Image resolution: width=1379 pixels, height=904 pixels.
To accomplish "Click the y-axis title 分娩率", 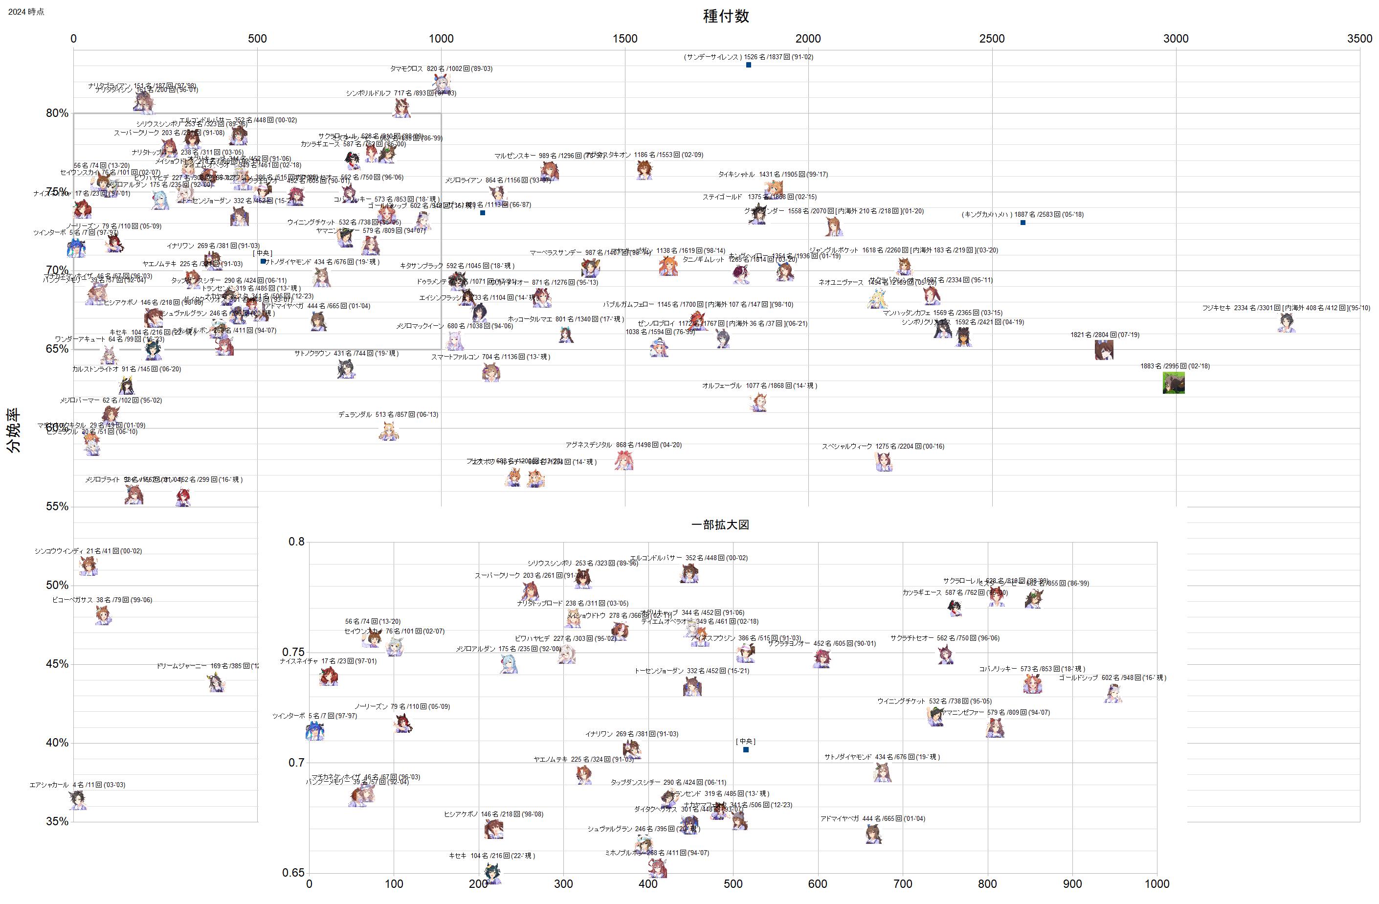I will pos(13,430).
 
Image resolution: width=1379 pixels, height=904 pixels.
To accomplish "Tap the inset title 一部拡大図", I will pos(720,524).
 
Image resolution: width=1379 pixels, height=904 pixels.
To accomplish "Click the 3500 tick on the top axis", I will pos(1359,39).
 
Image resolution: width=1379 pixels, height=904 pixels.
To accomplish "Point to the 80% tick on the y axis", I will pos(57,113).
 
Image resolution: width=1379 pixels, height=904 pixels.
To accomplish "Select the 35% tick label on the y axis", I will pos(57,821).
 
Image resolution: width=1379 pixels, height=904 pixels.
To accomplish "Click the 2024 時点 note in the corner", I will pos(26,12).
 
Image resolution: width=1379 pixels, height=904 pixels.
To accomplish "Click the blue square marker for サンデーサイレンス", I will pos(749,65).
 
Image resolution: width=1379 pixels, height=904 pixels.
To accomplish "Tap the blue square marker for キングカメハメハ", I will pos(1023,223).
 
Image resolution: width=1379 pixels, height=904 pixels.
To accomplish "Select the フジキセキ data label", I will pos(1286,308).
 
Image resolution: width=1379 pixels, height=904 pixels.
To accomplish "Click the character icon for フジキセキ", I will pos(1286,323).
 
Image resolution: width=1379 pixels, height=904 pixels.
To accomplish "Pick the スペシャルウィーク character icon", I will pos(884,462).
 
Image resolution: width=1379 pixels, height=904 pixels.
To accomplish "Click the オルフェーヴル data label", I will pos(759,386).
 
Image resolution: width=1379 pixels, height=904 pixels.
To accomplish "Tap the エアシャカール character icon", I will pos(77,800).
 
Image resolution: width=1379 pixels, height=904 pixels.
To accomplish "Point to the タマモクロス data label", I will pos(441,69).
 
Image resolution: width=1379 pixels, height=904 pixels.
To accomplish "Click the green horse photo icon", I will pos(1173,383).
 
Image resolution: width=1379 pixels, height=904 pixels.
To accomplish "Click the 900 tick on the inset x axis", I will pos(1072,884).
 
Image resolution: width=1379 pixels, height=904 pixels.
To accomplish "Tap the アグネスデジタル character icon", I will pos(624,461).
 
